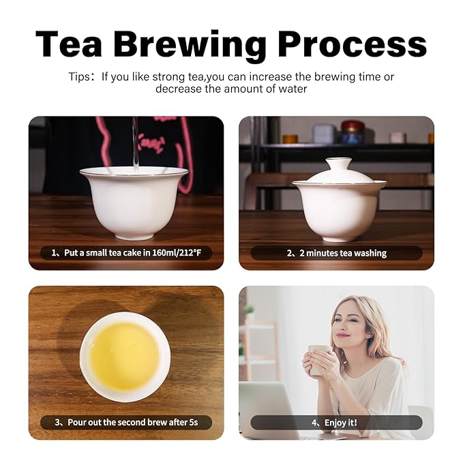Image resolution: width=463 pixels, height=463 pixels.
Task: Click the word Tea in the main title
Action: point(69,44)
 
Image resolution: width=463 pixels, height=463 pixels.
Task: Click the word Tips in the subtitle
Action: point(79,77)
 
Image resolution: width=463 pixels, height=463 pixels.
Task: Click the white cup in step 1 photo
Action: point(134,203)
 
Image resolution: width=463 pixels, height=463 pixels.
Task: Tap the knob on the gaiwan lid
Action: point(338,164)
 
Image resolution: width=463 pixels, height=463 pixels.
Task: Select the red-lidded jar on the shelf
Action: point(353,132)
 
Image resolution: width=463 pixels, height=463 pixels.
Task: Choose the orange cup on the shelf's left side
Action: point(290,139)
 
